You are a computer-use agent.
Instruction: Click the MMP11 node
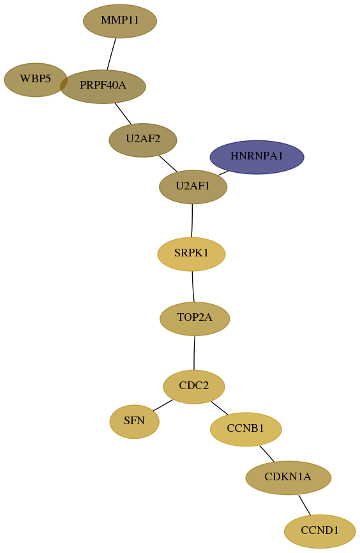pyautogui.click(x=120, y=21)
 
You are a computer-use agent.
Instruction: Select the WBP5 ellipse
pyautogui.click(x=35, y=80)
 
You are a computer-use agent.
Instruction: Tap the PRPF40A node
pyautogui.click(x=103, y=86)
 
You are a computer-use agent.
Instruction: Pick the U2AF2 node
pyautogui.click(x=143, y=140)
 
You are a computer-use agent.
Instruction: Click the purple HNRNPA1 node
pyautogui.click(x=257, y=157)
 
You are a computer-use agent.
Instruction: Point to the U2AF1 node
pyautogui.click(x=193, y=187)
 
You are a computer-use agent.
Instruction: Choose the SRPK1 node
pyautogui.click(x=191, y=254)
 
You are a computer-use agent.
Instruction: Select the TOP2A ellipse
pyautogui.click(x=195, y=319)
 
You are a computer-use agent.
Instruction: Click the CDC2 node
pyautogui.click(x=194, y=387)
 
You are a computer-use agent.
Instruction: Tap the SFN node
pyautogui.click(x=135, y=422)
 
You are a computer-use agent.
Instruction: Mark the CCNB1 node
pyautogui.click(x=246, y=429)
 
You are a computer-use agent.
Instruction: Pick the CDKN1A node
pyautogui.click(x=289, y=478)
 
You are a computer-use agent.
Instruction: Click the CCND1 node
pyautogui.click(x=320, y=531)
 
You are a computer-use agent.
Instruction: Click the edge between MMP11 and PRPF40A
pyautogui.click(x=112, y=54)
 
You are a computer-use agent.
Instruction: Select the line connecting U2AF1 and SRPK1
pyautogui.click(x=192, y=221)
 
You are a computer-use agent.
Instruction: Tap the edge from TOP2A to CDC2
pyautogui.click(x=194, y=353)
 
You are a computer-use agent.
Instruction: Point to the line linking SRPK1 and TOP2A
pyautogui.click(x=193, y=287)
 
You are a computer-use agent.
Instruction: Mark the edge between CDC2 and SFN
pyautogui.click(x=163, y=405)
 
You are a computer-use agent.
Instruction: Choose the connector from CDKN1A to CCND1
pyautogui.click(x=304, y=505)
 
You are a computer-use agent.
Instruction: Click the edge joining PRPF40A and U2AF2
pyautogui.click(x=123, y=114)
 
